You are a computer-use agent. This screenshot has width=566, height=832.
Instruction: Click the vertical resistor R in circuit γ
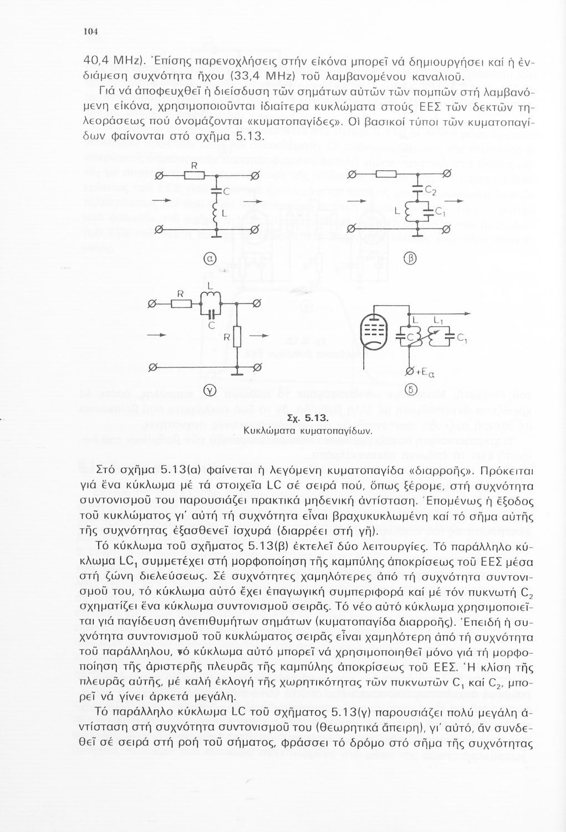pos(237,336)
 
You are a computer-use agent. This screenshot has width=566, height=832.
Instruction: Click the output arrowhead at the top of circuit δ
pos(472,314)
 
